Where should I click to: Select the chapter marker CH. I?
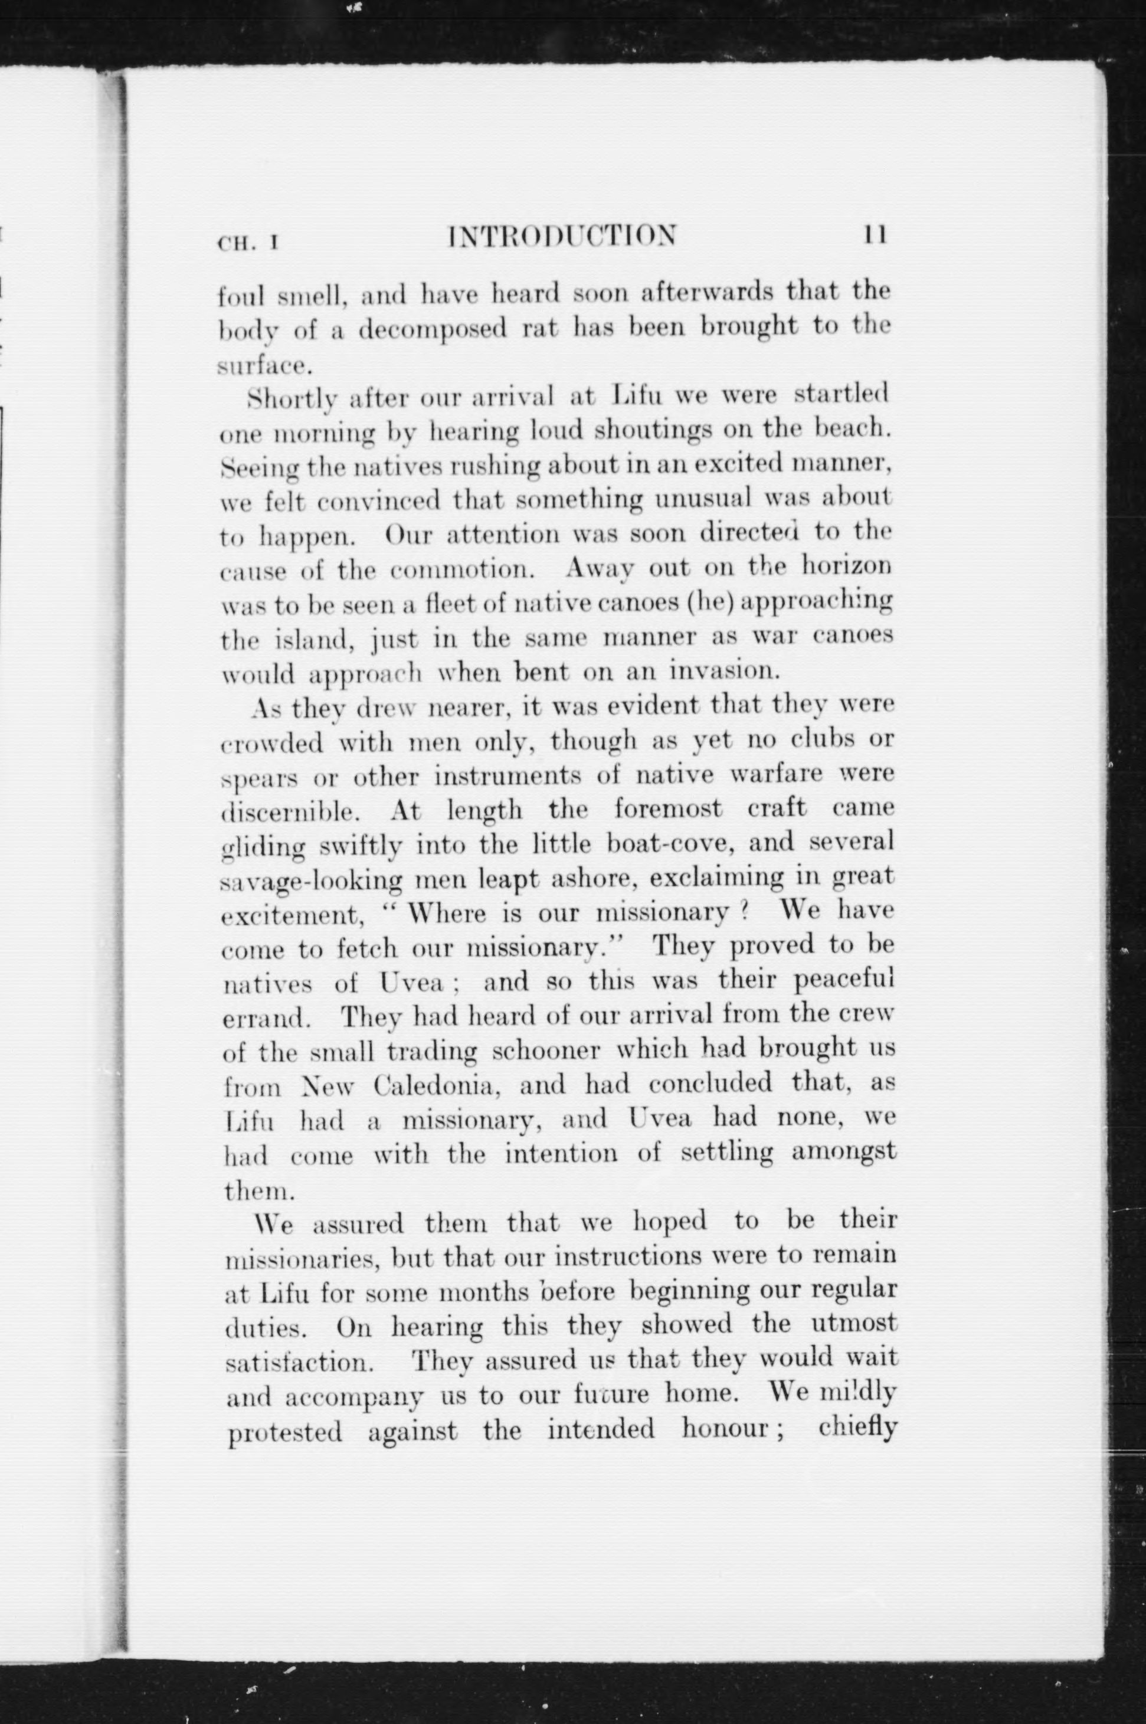coord(248,243)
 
